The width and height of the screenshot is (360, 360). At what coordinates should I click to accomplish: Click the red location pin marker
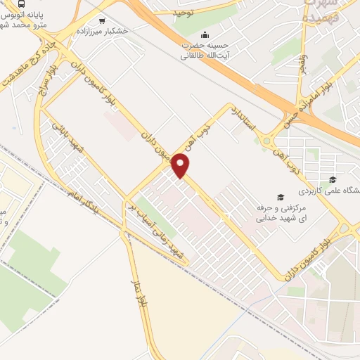tap(181, 166)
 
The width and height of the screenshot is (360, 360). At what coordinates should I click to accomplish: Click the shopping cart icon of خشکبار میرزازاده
tap(103, 20)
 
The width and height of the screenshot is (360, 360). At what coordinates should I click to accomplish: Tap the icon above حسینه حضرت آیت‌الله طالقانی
tap(205, 34)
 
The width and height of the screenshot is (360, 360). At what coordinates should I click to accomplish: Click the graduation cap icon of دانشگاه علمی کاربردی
tap(332, 179)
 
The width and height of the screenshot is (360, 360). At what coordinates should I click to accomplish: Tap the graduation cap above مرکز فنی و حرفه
tap(281, 196)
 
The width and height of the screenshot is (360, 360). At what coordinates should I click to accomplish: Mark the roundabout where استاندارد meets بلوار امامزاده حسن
tap(269, 143)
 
